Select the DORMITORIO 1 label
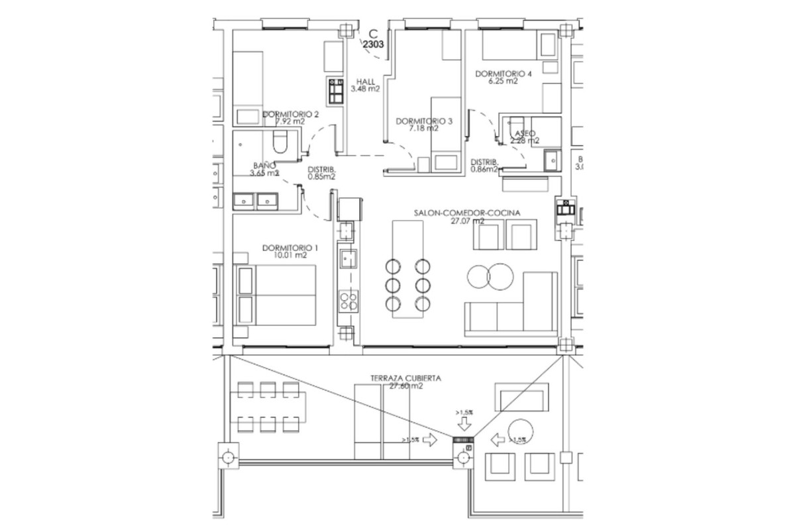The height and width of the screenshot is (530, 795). coord(290,248)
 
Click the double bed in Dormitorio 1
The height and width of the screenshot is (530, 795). coord(276,295)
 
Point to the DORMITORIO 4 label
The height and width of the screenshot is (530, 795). coord(503,74)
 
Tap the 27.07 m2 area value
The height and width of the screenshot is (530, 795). coord(467,221)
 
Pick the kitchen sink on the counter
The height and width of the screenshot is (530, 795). coord(347,259)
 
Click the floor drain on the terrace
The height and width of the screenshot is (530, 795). coord(463,440)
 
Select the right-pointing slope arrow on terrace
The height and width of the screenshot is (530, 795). coord(429,440)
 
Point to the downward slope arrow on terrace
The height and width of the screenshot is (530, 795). coord(463,422)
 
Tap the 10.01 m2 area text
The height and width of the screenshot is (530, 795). coord(290,256)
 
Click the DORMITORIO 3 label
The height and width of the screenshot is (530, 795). coord(424,121)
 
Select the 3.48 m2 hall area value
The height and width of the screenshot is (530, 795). coord(365,89)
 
